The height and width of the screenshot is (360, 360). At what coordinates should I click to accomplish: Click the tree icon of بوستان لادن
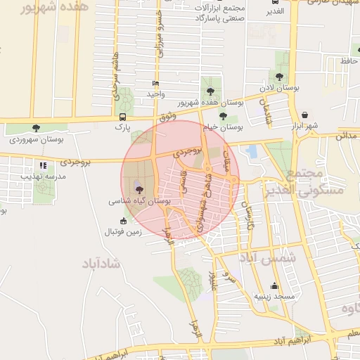pos(279,77)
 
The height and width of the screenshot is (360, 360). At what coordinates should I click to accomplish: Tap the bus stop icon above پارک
pos(123,117)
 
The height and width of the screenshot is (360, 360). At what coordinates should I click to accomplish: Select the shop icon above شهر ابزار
pos(304,115)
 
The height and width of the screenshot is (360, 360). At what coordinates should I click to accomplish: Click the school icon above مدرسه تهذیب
pos(43,166)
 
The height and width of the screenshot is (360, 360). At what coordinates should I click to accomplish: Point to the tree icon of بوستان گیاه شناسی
pos(138,189)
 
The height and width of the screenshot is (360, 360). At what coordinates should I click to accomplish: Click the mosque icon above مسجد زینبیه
pos(275,286)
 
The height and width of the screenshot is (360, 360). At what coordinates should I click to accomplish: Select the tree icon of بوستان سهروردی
pos(36,128)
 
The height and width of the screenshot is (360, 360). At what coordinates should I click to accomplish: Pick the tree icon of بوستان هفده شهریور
pos(210,90)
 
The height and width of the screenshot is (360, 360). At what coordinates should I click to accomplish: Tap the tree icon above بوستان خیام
pos(223,116)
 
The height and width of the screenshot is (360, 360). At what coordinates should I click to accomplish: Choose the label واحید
pos(155,94)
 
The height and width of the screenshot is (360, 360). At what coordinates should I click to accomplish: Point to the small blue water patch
pos(252,150)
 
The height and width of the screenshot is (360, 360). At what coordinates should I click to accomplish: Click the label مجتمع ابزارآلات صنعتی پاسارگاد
pos(221,12)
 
